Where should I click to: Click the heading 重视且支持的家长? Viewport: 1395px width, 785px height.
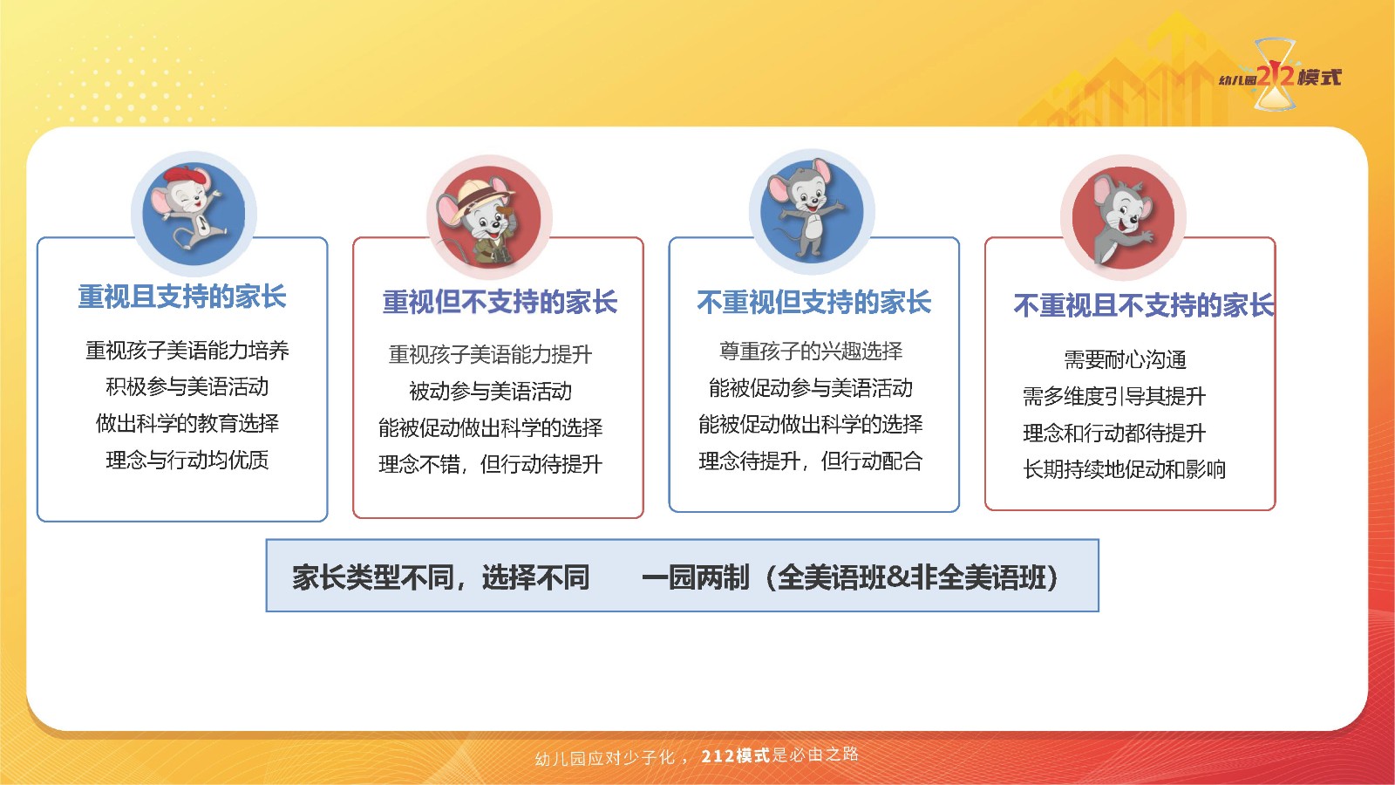(182, 297)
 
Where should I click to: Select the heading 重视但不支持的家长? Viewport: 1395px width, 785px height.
(500, 302)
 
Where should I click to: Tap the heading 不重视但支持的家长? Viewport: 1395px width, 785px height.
(814, 302)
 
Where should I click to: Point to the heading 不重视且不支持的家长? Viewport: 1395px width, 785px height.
(1144, 305)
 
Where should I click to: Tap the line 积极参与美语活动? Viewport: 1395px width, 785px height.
(187, 387)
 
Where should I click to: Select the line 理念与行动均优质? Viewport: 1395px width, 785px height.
(187, 460)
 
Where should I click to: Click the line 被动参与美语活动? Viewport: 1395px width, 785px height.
(490, 392)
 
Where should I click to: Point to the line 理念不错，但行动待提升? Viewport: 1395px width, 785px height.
(490, 464)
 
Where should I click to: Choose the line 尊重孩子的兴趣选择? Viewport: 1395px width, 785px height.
(810, 351)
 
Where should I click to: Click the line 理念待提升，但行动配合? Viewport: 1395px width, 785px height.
(810, 461)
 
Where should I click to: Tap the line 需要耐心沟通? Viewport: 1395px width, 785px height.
(1125, 359)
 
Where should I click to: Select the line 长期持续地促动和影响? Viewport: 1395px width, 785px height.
(1124, 469)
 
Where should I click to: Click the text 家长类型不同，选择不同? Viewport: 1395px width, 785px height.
(441, 577)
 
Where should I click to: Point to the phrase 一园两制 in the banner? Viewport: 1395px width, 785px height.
(696, 577)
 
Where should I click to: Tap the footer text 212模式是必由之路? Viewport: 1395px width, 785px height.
(779, 755)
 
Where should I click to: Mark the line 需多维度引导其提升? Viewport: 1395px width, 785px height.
(1114, 396)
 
